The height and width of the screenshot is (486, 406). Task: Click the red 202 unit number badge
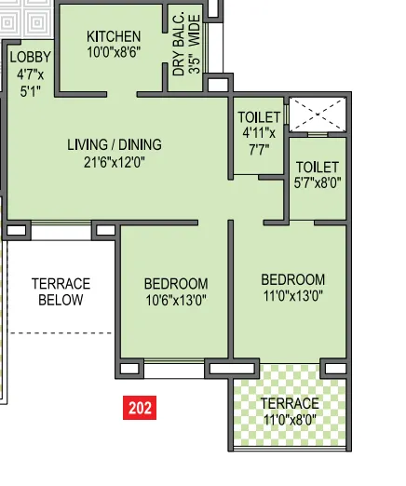click(140, 407)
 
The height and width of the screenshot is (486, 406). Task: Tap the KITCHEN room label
click(114, 36)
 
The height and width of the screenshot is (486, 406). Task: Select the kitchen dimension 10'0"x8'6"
click(114, 53)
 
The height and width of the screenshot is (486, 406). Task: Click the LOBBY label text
click(30, 57)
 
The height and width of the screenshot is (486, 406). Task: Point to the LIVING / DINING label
click(114, 144)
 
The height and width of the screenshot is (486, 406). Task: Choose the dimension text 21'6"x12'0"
click(114, 161)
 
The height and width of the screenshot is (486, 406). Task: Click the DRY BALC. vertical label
click(179, 44)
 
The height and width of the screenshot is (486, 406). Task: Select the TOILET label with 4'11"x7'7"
click(259, 116)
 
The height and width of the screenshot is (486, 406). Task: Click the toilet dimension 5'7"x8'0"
click(318, 183)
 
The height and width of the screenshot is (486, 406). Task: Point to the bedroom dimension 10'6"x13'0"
click(175, 300)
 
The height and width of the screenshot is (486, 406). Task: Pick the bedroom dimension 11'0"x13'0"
click(292, 296)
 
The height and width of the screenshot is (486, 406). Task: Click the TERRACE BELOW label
click(61, 291)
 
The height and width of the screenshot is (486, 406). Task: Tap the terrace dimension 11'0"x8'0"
click(290, 420)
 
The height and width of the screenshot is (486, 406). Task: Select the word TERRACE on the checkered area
click(290, 403)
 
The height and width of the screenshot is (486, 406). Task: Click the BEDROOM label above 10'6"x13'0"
click(175, 283)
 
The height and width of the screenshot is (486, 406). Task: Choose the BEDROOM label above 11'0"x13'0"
click(292, 279)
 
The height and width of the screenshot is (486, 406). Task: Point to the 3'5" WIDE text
click(194, 44)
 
